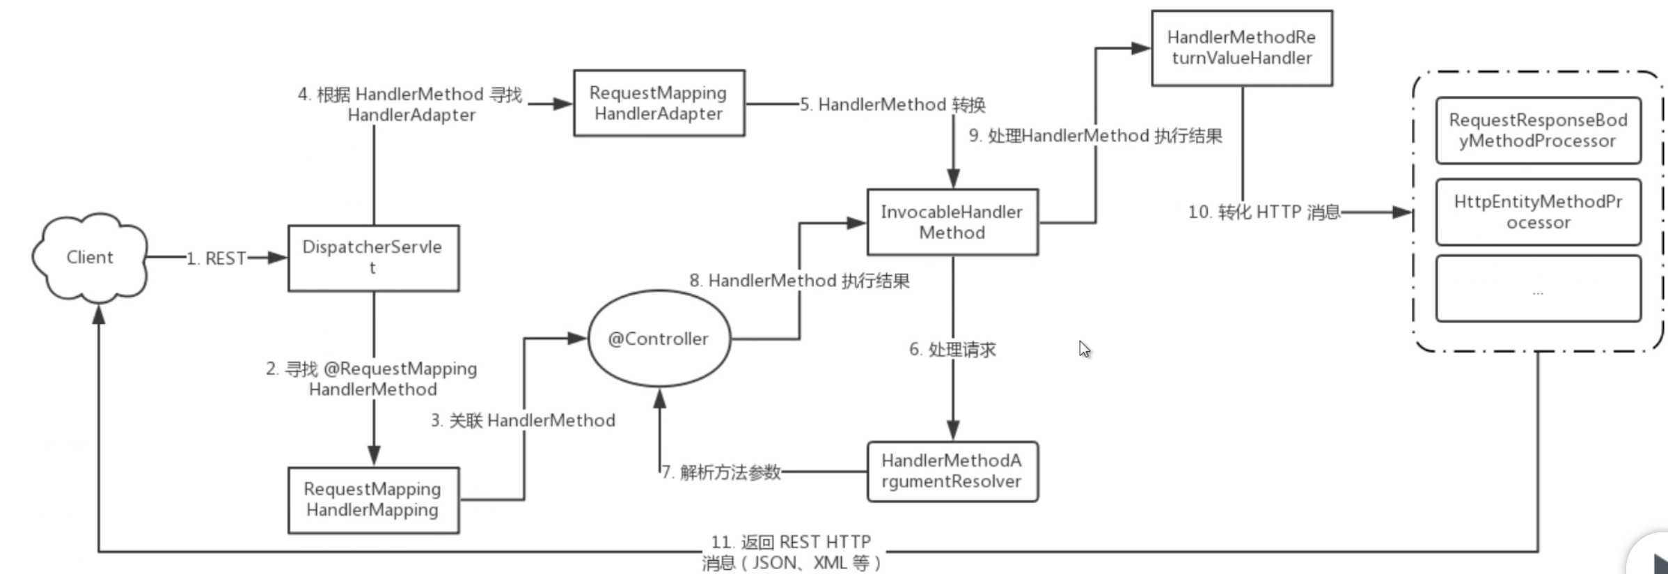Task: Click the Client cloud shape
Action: (90, 258)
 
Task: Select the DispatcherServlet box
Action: (373, 258)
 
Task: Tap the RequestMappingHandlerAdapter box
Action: (659, 103)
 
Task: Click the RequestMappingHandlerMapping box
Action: (373, 500)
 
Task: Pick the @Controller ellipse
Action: (659, 339)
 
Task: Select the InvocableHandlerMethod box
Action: (952, 222)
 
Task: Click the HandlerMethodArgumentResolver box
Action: (952, 472)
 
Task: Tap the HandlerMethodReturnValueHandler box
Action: (1241, 48)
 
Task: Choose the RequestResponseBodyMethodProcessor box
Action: (1538, 131)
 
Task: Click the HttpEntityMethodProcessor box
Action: (1538, 212)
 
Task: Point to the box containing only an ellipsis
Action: (1538, 289)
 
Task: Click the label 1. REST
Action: (217, 258)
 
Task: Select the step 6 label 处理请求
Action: (952, 350)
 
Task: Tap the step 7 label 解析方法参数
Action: (721, 472)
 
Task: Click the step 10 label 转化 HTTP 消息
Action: (1264, 212)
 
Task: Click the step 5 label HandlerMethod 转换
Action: (892, 104)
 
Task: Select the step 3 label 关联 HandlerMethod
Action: (523, 421)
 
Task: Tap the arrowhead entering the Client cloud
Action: (99, 316)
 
